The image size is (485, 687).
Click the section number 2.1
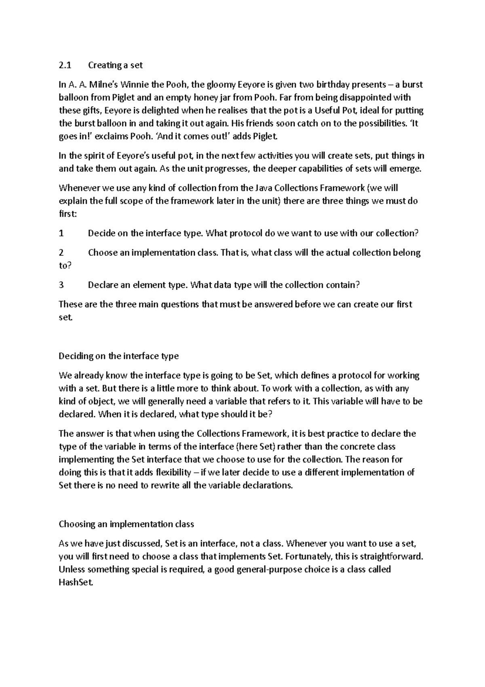coord(65,65)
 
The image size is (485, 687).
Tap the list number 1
coord(61,233)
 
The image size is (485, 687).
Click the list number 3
coord(61,285)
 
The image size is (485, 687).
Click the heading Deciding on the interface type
coord(118,356)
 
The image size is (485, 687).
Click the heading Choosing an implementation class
coord(126,524)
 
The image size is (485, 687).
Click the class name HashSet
coord(76,583)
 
